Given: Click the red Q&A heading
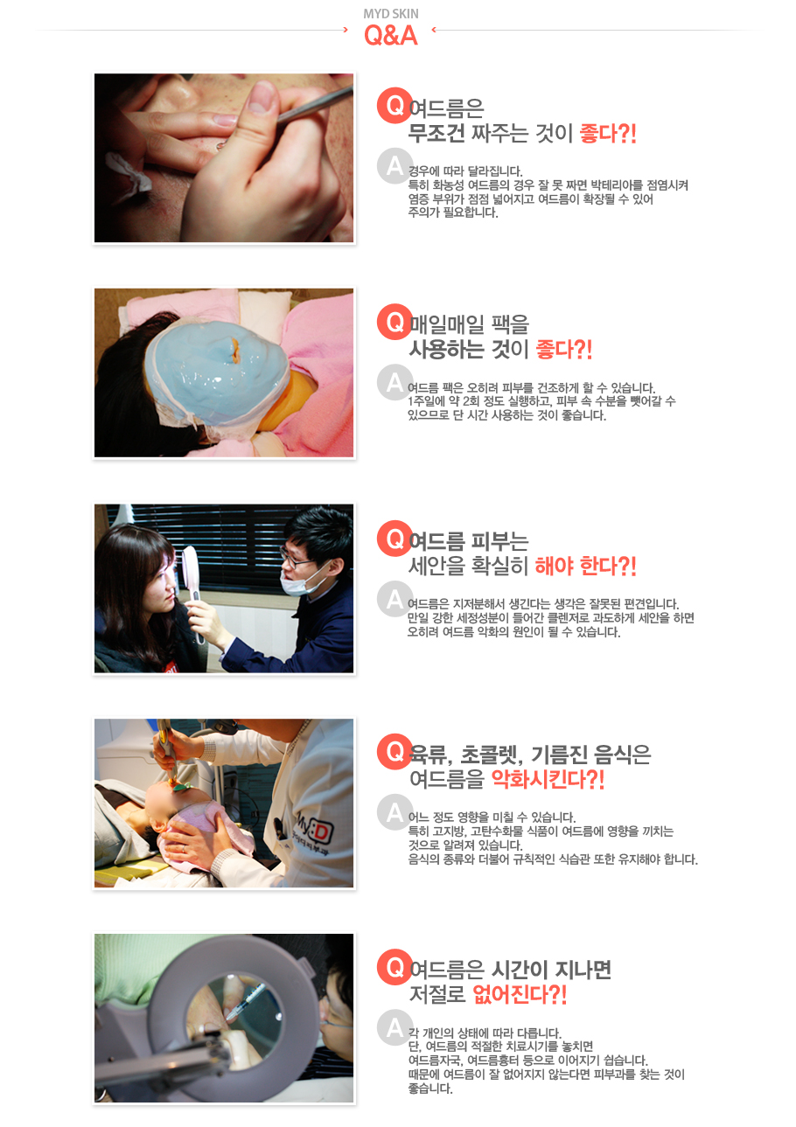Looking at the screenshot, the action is pos(391,36).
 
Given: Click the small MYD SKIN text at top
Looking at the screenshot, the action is pos(391,14).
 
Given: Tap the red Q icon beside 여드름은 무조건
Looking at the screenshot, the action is pos(395,105).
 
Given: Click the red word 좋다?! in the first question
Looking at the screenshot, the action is pos(608,133).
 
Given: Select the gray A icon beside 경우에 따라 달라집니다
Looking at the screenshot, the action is pos(395,165).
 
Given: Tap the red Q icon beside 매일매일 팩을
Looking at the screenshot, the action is pos(395,322).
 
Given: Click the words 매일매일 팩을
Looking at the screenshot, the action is pos(469,324).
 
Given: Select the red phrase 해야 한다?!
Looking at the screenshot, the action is pos(585,566).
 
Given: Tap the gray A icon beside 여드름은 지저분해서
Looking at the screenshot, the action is pos(395,598).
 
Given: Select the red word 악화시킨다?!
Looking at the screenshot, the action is pos(548,779).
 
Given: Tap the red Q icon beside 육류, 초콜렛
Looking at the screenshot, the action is pos(395,751).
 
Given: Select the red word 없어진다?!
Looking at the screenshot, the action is pos(520,994).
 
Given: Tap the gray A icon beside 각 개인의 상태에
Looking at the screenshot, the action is pos(395,1026).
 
